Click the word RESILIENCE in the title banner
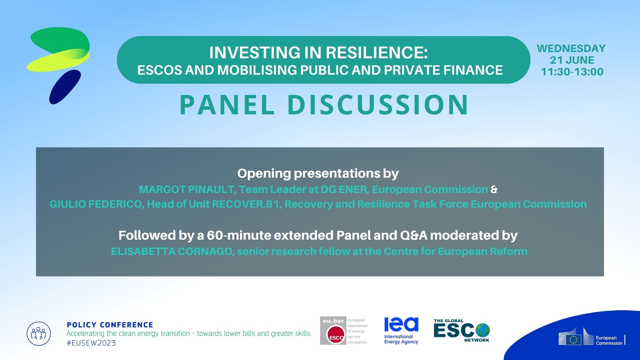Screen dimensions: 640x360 [376, 52]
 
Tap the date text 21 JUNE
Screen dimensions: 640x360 [572, 60]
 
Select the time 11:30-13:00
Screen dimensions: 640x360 [572, 72]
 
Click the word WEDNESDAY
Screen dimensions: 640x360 [571, 48]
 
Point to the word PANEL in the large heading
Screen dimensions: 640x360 [227, 105]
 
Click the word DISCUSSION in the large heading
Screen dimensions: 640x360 [378, 105]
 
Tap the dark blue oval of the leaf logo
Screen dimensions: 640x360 [65, 87]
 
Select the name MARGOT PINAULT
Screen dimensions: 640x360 [187, 189]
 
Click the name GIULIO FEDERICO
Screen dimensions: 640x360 [96, 204]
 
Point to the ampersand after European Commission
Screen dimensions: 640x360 [494, 189]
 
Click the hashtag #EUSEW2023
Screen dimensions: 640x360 [91, 343]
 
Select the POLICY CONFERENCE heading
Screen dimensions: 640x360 [110, 325]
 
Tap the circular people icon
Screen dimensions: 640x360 [39, 333]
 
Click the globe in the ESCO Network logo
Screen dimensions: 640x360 [483, 330]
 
